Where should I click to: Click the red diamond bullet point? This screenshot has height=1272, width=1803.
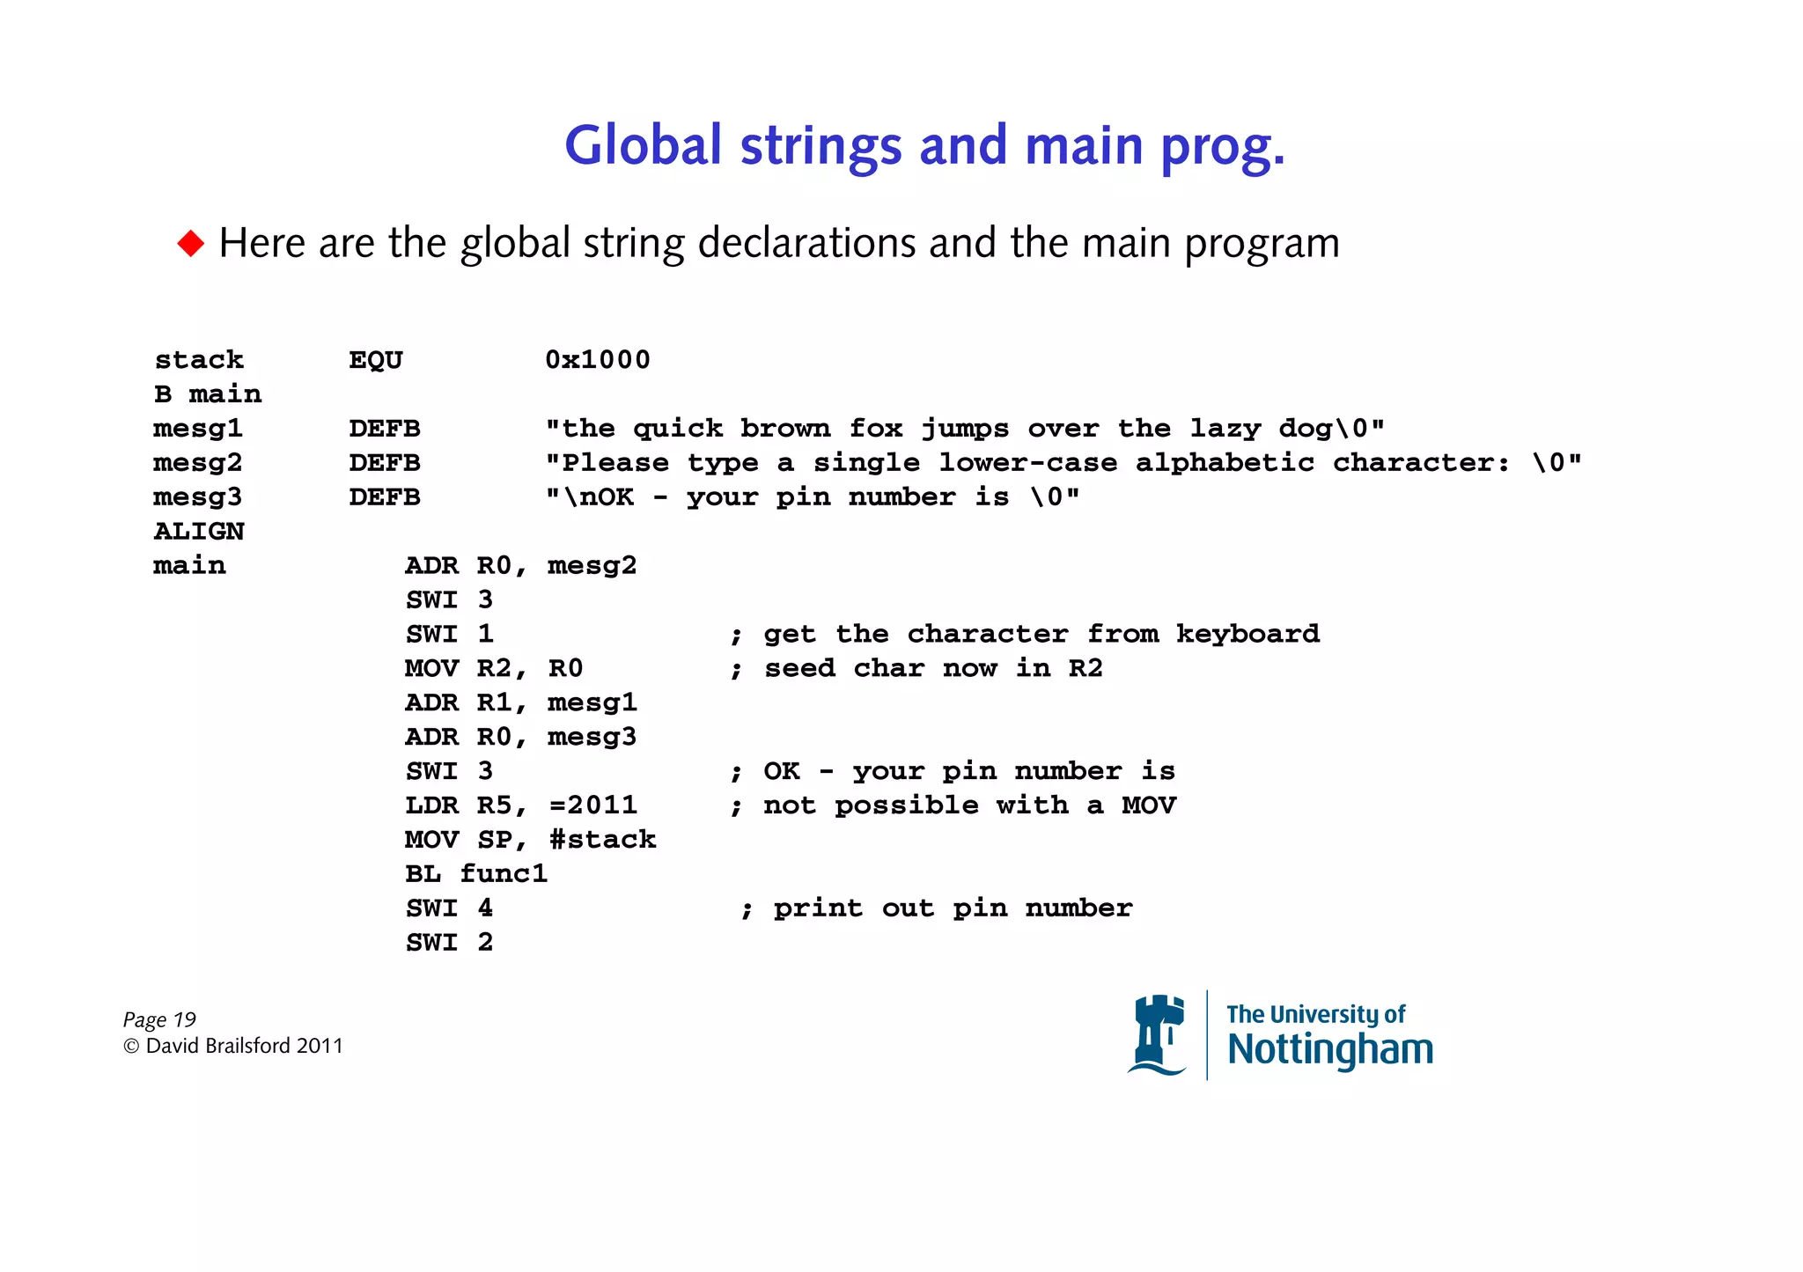pos(190,243)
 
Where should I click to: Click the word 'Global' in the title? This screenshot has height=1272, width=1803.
pos(643,145)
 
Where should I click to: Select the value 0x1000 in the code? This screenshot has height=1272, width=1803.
pos(597,359)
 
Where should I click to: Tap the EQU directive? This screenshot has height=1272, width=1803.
pos(376,359)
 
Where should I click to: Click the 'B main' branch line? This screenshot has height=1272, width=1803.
pos(208,393)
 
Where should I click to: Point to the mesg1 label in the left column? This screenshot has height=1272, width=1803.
pos(198,428)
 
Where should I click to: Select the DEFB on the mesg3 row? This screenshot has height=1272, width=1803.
pos(385,496)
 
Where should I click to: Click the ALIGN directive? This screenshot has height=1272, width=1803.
pos(199,531)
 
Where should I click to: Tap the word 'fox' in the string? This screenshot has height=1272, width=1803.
pos(875,428)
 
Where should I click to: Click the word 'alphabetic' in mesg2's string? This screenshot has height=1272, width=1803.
pos(1224,462)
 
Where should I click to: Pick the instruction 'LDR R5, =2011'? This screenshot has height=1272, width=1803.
pos(520,805)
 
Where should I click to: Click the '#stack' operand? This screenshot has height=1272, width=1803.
pos(603,839)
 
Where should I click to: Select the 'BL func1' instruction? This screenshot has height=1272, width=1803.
pos(476,873)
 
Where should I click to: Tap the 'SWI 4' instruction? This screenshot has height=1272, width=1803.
pos(449,908)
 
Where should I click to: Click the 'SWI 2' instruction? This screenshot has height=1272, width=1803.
pos(449,942)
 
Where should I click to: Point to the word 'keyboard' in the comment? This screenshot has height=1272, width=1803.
pos(1247,634)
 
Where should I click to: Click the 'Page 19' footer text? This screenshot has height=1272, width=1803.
pos(159,1019)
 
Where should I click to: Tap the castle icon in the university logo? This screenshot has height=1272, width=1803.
pos(1158,1035)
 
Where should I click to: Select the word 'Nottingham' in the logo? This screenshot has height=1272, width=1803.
pos(1329,1050)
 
